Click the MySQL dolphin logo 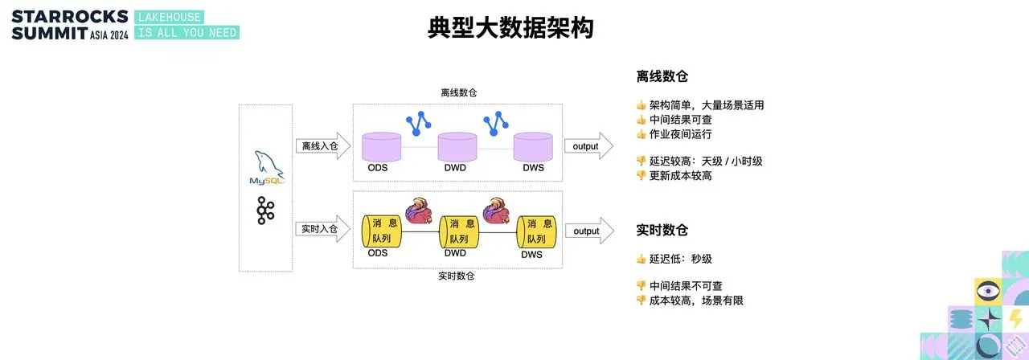point(267,168)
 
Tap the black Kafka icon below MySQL point(265,211)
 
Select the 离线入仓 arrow point(323,146)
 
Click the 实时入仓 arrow point(323,229)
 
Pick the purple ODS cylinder point(381,147)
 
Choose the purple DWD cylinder point(457,147)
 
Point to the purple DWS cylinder point(533,147)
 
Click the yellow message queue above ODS point(382,231)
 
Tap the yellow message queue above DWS point(536,231)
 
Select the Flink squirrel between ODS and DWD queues point(419,211)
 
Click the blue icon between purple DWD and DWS point(496,124)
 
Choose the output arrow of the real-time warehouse point(590,231)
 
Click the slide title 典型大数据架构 point(510,27)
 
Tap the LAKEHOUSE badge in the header point(170,18)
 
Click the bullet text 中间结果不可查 point(686,286)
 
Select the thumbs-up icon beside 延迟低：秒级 point(641,260)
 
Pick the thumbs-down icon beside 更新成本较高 point(641,175)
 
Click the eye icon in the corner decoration point(988,291)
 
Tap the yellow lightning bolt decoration point(1015,319)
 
